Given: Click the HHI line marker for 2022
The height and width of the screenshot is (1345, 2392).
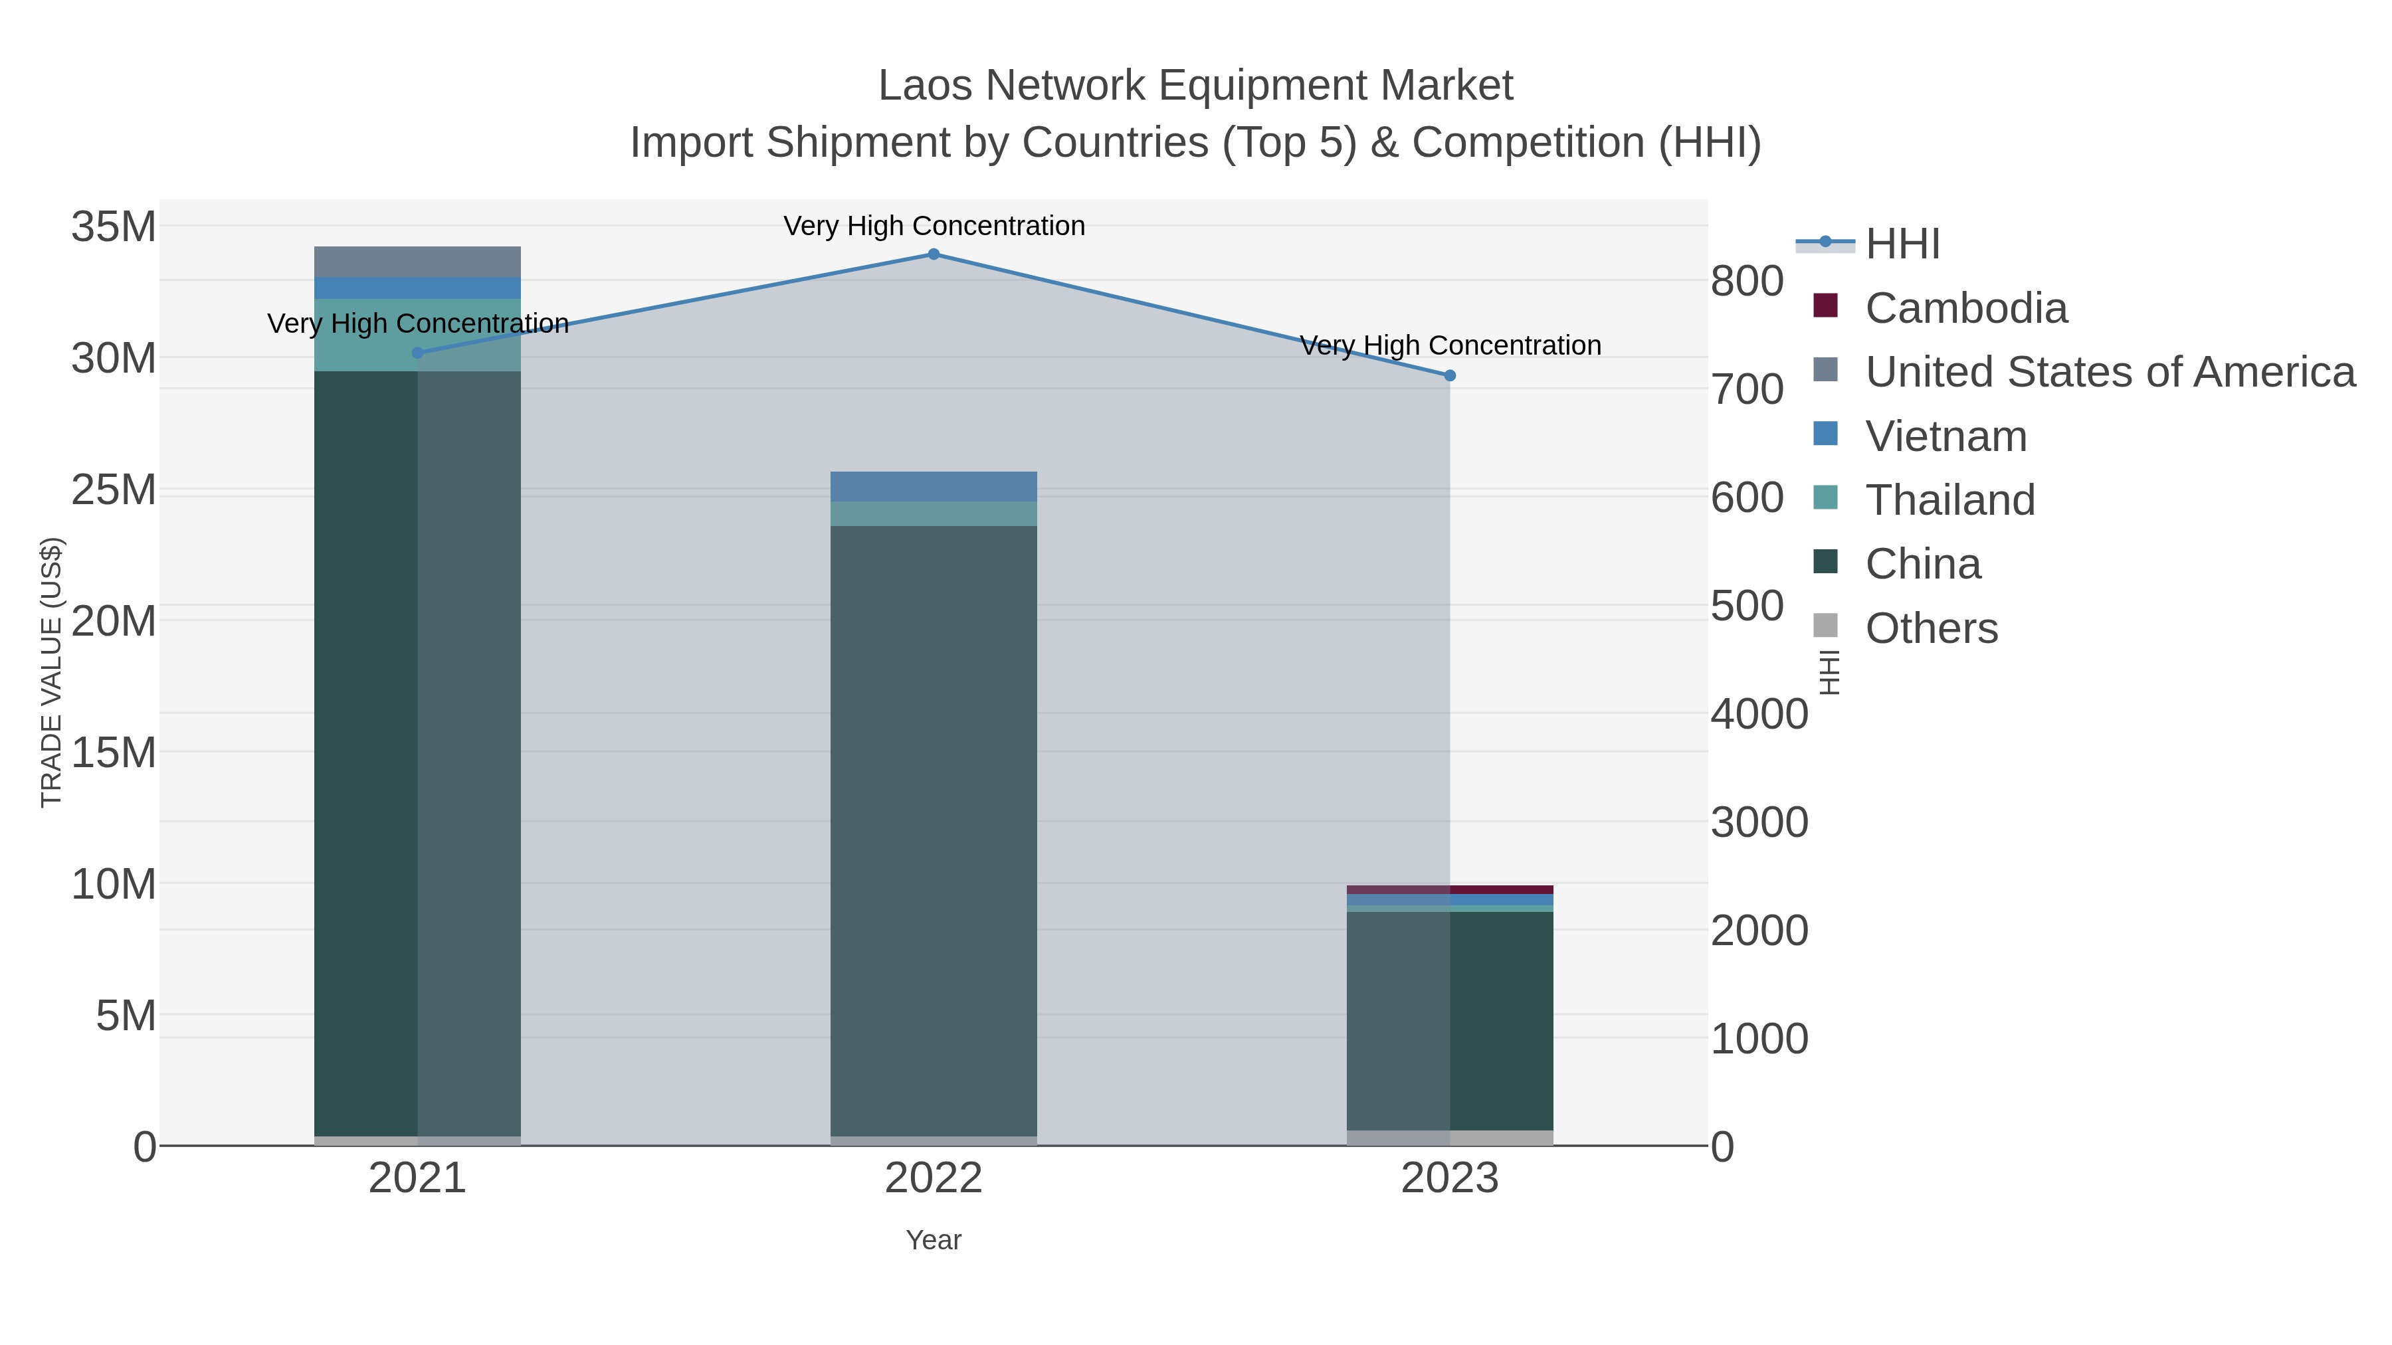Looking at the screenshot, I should (934, 254).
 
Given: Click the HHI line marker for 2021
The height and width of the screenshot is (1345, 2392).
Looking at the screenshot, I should (417, 353).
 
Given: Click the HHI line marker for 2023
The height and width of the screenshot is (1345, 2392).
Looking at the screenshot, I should (1450, 376).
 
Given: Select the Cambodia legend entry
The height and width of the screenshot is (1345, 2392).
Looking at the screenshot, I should (1966, 308).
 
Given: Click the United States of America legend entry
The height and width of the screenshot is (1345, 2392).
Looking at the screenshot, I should (2109, 372).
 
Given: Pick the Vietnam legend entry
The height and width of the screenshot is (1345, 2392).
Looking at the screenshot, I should (1945, 436).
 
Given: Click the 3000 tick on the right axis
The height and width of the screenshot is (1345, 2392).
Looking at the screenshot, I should (1759, 822).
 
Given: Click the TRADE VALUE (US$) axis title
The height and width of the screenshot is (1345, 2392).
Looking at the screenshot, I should (52, 672).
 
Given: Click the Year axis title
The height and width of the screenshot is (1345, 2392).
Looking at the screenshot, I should (934, 1240).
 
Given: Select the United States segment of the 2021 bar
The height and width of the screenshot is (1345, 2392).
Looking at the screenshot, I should (417, 262).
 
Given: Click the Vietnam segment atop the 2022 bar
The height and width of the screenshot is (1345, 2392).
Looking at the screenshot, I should (934, 486).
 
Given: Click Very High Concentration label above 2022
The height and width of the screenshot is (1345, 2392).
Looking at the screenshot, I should (934, 226).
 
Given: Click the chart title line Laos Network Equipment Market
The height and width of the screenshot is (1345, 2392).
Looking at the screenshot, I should (1195, 86).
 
